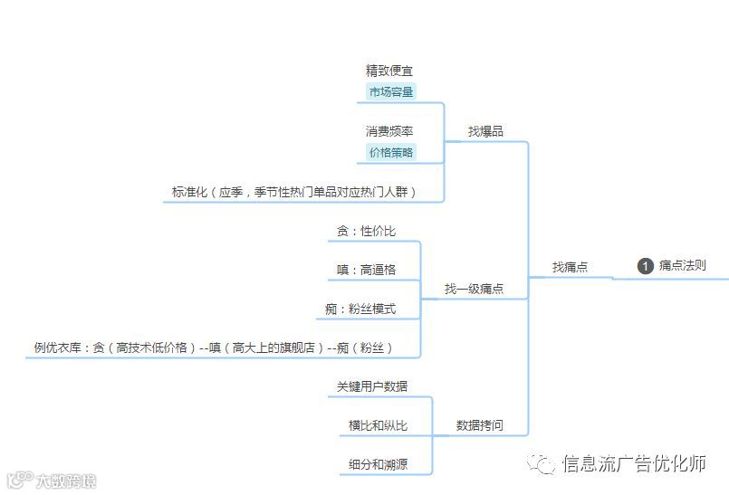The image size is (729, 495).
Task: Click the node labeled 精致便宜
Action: (390, 71)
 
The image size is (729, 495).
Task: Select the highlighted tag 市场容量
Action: (390, 91)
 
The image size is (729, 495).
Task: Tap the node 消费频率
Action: (389, 131)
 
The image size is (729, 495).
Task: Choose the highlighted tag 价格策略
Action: (390, 152)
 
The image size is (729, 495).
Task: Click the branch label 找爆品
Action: (485, 131)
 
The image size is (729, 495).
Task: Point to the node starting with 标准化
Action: (294, 192)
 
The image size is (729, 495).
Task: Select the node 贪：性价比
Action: (366, 231)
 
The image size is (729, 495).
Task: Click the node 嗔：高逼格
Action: (366, 270)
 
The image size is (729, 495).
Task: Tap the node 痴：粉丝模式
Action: (360, 309)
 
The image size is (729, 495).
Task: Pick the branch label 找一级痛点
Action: (474, 290)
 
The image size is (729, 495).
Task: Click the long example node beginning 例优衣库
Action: (214, 347)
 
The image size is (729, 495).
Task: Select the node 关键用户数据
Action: (372, 386)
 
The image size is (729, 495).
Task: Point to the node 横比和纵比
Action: (378, 425)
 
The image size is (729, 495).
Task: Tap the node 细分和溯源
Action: (378, 464)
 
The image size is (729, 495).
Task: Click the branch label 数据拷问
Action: (479, 425)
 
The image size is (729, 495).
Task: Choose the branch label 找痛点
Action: (571, 267)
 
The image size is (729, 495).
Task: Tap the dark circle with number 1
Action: (646, 266)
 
